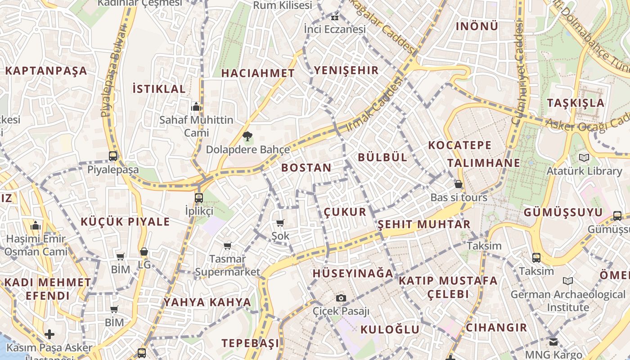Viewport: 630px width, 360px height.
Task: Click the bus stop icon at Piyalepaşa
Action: point(113,156)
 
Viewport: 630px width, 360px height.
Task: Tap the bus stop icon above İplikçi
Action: point(198,198)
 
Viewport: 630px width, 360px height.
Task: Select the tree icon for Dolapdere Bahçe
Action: point(247,136)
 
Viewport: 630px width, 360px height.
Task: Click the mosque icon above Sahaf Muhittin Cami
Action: point(196,107)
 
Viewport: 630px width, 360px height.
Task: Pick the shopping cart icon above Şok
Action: point(280,223)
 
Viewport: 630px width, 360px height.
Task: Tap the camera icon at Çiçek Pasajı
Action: point(341,298)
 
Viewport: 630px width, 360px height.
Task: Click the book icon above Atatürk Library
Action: point(584,157)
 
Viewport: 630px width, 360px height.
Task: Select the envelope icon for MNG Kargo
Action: point(553,342)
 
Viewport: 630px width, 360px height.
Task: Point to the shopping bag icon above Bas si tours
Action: point(458,184)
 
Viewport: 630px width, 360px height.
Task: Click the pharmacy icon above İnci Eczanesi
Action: point(334,18)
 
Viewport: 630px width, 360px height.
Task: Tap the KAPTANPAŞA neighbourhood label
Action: point(46,71)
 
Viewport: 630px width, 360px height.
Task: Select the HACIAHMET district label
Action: point(258,73)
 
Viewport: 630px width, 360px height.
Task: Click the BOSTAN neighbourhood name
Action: point(306,168)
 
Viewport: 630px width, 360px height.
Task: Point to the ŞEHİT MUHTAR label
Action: point(424,224)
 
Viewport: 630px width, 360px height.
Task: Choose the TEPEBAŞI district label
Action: point(250,343)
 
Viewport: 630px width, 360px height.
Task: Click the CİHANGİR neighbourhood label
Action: point(496,327)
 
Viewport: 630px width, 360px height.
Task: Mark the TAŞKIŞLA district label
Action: point(576,103)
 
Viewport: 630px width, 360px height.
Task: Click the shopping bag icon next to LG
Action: point(144,252)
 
